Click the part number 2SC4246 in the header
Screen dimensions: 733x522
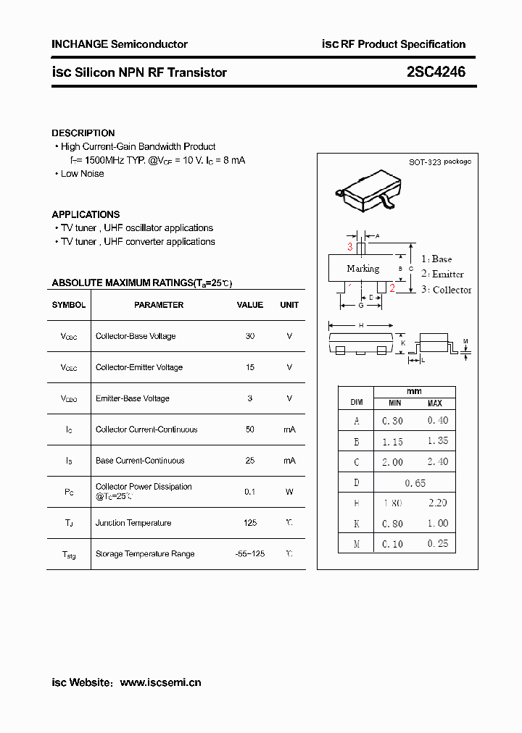pyautogui.click(x=436, y=72)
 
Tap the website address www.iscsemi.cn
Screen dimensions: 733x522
pyautogui.click(x=160, y=682)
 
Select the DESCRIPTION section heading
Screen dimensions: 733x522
pyautogui.click(x=83, y=133)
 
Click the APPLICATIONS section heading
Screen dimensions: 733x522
pyautogui.click(x=86, y=214)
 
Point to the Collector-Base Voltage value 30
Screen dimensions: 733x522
pyautogui.click(x=250, y=336)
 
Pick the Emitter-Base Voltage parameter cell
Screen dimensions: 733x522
pyautogui.click(x=133, y=398)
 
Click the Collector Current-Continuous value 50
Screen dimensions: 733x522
pyautogui.click(x=250, y=430)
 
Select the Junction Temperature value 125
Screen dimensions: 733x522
pyautogui.click(x=250, y=523)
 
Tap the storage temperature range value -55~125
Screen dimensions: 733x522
pyautogui.click(x=250, y=554)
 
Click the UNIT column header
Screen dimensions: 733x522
pyautogui.click(x=289, y=305)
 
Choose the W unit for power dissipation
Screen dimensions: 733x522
pyautogui.click(x=289, y=492)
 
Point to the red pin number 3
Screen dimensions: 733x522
pyautogui.click(x=349, y=247)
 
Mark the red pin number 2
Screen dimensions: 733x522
pyautogui.click(x=392, y=288)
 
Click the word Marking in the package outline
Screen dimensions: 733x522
pyautogui.click(x=362, y=269)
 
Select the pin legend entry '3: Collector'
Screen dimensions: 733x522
pyautogui.click(x=446, y=290)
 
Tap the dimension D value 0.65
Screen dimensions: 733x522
pyautogui.click(x=415, y=483)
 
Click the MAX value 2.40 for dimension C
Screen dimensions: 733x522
pyautogui.click(x=437, y=462)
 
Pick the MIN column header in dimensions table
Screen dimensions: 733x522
pyautogui.click(x=394, y=403)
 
